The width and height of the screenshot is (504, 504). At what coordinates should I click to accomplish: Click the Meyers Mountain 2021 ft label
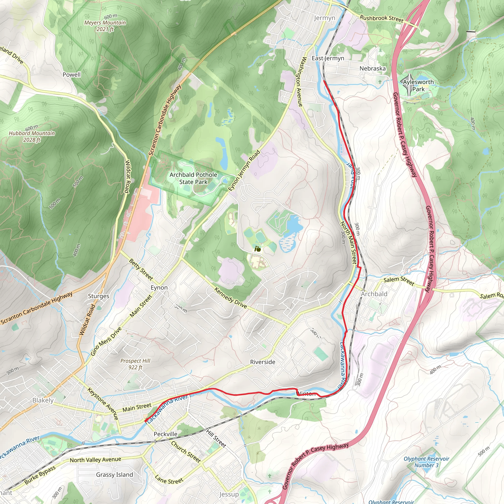click(x=105, y=26)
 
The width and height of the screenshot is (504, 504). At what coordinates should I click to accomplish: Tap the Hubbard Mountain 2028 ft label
click(x=32, y=136)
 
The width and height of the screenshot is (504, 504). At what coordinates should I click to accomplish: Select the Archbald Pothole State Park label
click(x=193, y=178)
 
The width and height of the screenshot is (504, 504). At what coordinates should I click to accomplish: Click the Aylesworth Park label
click(x=418, y=85)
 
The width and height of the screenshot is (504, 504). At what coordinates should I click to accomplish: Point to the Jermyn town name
click(x=324, y=18)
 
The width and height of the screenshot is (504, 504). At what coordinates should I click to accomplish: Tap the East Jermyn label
click(x=328, y=58)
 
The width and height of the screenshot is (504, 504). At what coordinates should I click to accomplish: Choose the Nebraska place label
click(x=372, y=68)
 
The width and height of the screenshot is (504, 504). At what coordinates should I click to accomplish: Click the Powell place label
click(x=71, y=75)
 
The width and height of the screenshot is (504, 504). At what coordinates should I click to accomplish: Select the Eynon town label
click(x=159, y=287)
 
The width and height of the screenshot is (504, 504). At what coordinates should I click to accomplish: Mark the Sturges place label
click(x=99, y=296)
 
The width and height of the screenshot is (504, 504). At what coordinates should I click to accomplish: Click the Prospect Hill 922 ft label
click(x=135, y=364)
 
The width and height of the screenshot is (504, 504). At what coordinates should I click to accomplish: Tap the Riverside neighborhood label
click(x=262, y=362)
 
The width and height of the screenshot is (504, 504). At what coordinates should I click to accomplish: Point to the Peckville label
click(x=165, y=434)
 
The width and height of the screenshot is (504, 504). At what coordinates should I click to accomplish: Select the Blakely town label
click(x=43, y=400)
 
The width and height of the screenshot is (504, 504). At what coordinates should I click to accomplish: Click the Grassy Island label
click(x=114, y=474)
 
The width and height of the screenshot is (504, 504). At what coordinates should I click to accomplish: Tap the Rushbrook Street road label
click(x=382, y=19)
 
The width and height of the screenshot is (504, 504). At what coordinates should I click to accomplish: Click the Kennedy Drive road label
click(x=231, y=298)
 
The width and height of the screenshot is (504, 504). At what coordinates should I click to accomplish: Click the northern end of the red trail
click(x=324, y=81)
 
